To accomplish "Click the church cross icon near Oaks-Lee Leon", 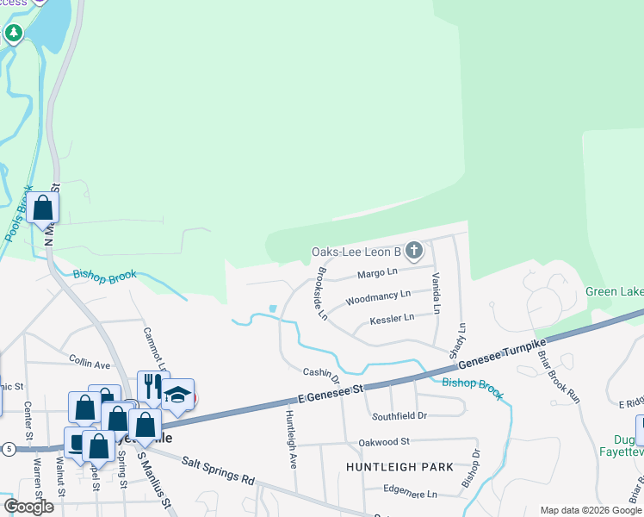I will pos(414,252).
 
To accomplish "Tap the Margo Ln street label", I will pos(377,273).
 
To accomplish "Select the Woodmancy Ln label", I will pos(378,298).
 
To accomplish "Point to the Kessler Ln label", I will pos(392,318).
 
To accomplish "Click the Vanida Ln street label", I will pos(437,292).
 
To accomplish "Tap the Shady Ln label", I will pos(456,341).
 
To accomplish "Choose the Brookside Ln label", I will pos(322,294).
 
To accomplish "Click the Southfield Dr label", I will pos(399,416).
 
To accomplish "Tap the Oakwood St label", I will pos(384,442).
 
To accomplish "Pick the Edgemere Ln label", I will pos(411,495).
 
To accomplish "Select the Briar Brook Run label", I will pos(548,377).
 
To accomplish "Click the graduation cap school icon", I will pos(177,395).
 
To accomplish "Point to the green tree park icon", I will pos(13,34).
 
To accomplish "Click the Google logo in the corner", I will pos(28,506).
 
